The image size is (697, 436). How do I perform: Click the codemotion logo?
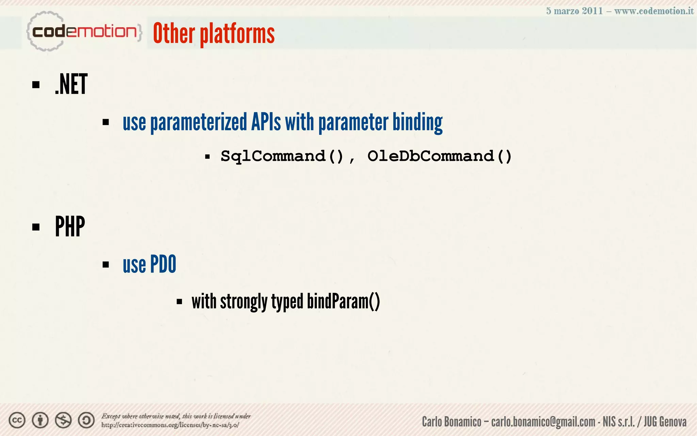click(x=83, y=32)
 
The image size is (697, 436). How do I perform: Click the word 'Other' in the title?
click(x=174, y=33)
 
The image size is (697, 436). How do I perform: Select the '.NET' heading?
click(x=71, y=84)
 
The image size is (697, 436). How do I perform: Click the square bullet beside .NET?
click(x=36, y=84)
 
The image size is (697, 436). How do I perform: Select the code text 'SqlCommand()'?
click(x=282, y=156)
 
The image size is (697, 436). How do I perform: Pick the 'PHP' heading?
click(x=70, y=227)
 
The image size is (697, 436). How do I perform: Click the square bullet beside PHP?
click(x=36, y=227)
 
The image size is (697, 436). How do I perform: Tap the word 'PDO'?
click(x=163, y=264)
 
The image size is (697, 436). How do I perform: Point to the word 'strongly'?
click(x=244, y=302)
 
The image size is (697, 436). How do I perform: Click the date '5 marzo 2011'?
click(x=574, y=11)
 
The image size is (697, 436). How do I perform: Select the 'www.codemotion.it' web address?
click(x=654, y=11)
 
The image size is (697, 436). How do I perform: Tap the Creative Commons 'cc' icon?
click(x=17, y=420)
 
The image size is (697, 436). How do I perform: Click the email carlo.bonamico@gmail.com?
click(x=543, y=422)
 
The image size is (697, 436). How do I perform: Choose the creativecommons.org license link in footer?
click(x=170, y=425)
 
